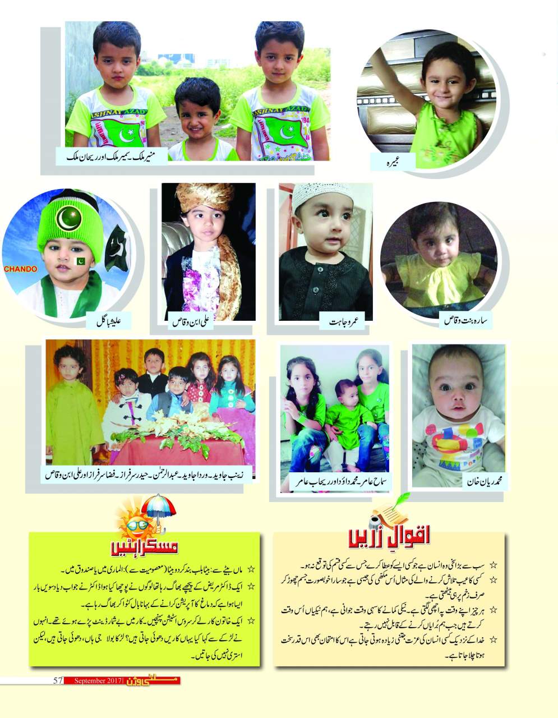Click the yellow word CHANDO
21,269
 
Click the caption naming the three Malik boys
112,157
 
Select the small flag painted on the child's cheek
79,260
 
